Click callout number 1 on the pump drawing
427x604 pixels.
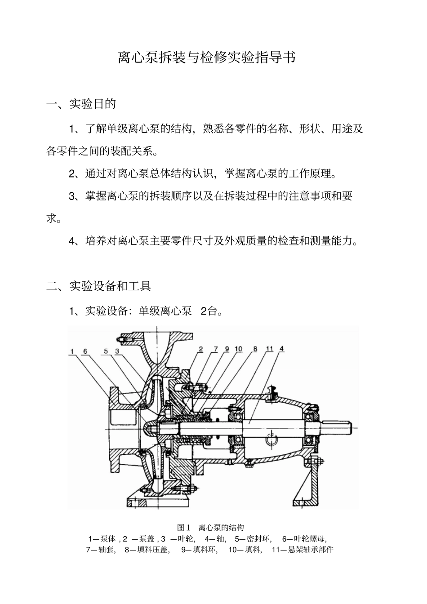click(x=72, y=351)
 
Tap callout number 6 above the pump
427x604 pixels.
click(x=85, y=351)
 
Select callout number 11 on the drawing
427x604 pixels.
click(x=269, y=349)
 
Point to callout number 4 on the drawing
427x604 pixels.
click(x=281, y=349)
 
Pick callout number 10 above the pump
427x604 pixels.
click(x=238, y=349)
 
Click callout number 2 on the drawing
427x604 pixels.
click(x=201, y=349)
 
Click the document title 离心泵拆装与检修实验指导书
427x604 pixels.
click(x=206, y=57)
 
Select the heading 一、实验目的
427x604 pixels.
click(x=81, y=104)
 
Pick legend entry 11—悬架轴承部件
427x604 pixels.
click(x=302, y=549)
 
